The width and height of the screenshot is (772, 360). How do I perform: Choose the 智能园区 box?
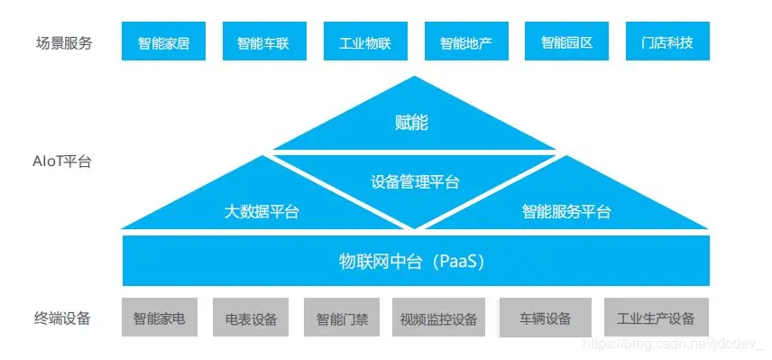click(566, 42)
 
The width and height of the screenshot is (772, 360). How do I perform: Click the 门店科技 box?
click(667, 42)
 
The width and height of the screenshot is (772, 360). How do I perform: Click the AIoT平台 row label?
click(60, 162)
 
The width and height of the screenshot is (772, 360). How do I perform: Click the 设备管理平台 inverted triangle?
click(415, 183)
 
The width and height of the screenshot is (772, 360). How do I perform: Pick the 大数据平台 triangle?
click(262, 209)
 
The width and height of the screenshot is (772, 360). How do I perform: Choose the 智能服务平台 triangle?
click(565, 209)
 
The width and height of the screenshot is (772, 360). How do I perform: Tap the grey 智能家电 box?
click(159, 318)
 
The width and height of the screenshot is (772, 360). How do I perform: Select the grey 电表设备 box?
click(251, 318)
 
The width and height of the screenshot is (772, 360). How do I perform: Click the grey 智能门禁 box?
click(342, 318)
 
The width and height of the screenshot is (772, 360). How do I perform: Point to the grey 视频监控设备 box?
click(438, 318)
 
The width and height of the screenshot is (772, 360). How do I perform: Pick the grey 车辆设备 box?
click(545, 318)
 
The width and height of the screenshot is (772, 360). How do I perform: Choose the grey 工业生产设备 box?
click(656, 318)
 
